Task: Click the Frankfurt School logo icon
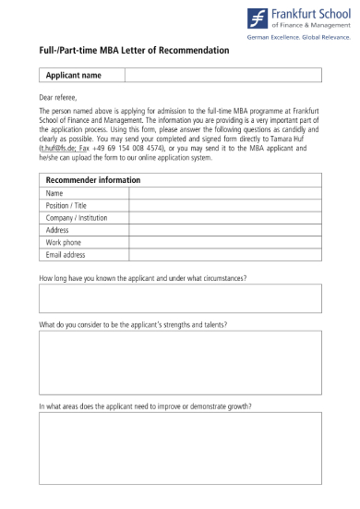(258, 18)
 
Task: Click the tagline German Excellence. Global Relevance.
(298, 38)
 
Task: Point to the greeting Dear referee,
(58, 96)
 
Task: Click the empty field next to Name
(224, 193)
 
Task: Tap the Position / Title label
(66, 205)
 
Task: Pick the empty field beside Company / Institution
(224, 218)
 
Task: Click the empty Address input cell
(224, 230)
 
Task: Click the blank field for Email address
(224, 254)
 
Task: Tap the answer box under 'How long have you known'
(180, 299)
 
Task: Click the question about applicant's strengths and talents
(133, 325)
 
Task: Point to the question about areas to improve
(145, 406)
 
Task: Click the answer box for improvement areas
(180, 457)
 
